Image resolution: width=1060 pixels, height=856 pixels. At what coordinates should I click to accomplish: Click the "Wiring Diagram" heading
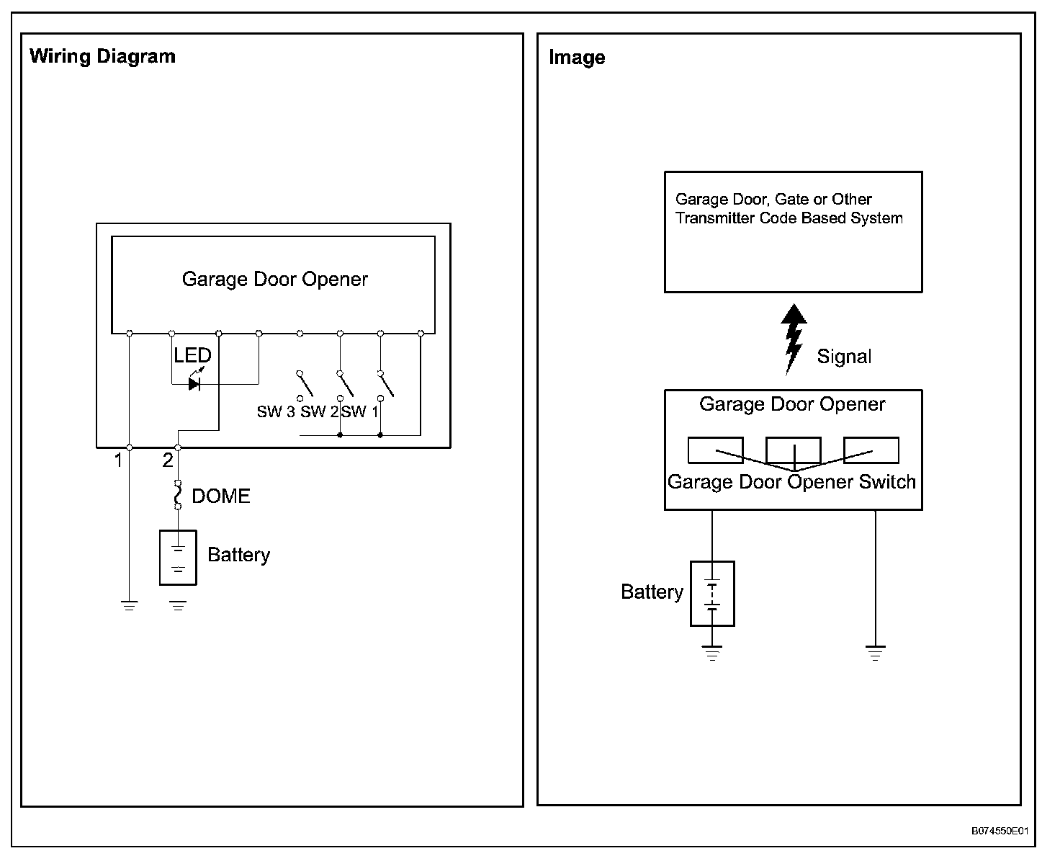(102, 57)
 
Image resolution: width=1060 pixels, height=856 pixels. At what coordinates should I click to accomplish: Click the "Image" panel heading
(576, 58)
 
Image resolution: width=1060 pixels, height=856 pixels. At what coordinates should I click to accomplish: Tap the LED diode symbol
(194, 383)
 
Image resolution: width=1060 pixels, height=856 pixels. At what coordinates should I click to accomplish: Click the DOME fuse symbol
(178, 495)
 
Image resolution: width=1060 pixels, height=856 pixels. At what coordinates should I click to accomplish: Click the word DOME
(221, 496)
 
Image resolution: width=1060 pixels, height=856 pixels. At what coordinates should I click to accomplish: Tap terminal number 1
(119, 460)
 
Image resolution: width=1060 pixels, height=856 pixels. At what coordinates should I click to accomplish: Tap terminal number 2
(168, 460)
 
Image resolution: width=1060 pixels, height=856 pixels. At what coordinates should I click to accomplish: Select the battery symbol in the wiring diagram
(178, 557)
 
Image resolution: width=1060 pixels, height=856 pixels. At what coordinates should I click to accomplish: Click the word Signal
(844, 357)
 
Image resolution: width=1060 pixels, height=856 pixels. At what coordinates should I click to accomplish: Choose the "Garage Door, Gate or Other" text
(773, 200)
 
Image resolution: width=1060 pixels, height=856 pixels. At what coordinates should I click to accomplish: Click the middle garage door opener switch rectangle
(793, 450)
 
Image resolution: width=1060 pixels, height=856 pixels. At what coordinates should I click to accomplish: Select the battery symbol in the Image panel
(712, 593)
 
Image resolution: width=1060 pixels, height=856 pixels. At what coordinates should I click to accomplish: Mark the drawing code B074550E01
(1000, 831)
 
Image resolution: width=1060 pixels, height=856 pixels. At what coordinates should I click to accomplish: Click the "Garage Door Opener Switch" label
(791, 482)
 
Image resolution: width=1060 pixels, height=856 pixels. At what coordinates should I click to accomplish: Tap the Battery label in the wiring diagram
(238, 555)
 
